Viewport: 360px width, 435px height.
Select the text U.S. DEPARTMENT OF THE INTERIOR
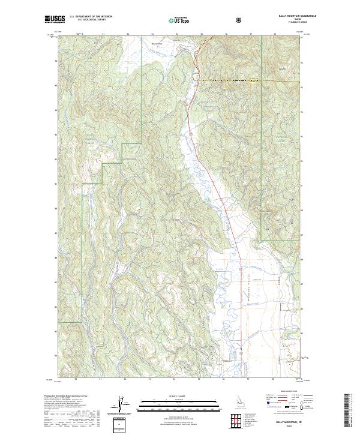(x=91, y=17)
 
